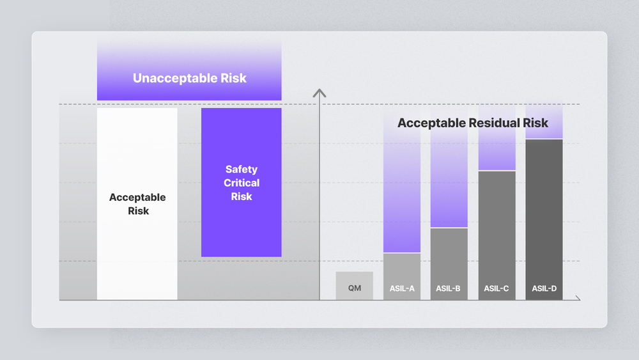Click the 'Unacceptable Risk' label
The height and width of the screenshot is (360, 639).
[x=190, y=78]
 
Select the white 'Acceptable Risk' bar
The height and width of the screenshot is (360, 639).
[x=137, y=204]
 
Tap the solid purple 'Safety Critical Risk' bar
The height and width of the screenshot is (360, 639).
[x=242, y=182]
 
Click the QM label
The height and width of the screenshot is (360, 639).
[x=355, y=288]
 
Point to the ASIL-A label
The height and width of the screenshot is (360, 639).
[x=402, y=288]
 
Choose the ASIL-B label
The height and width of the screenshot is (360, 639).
[x=448, y=288]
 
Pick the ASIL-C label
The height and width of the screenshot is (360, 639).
[x=497, y=288]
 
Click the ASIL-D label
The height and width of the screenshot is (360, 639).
[x=544, y=288]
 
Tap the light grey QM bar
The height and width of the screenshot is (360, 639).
[x=354, y=286]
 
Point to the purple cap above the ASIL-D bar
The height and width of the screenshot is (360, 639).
[x=544, y=121]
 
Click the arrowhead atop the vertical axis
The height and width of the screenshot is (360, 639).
[x=319, y=93]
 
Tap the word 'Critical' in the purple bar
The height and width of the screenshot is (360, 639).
[x=242, y=183]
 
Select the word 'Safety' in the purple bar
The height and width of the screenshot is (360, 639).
[x=242, y=169]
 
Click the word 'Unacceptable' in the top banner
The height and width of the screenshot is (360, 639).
[x=174, y=78]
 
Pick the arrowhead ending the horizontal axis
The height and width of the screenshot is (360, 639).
[x=578, y=298]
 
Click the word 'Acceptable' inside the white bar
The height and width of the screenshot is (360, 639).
[x=137, y=198]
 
